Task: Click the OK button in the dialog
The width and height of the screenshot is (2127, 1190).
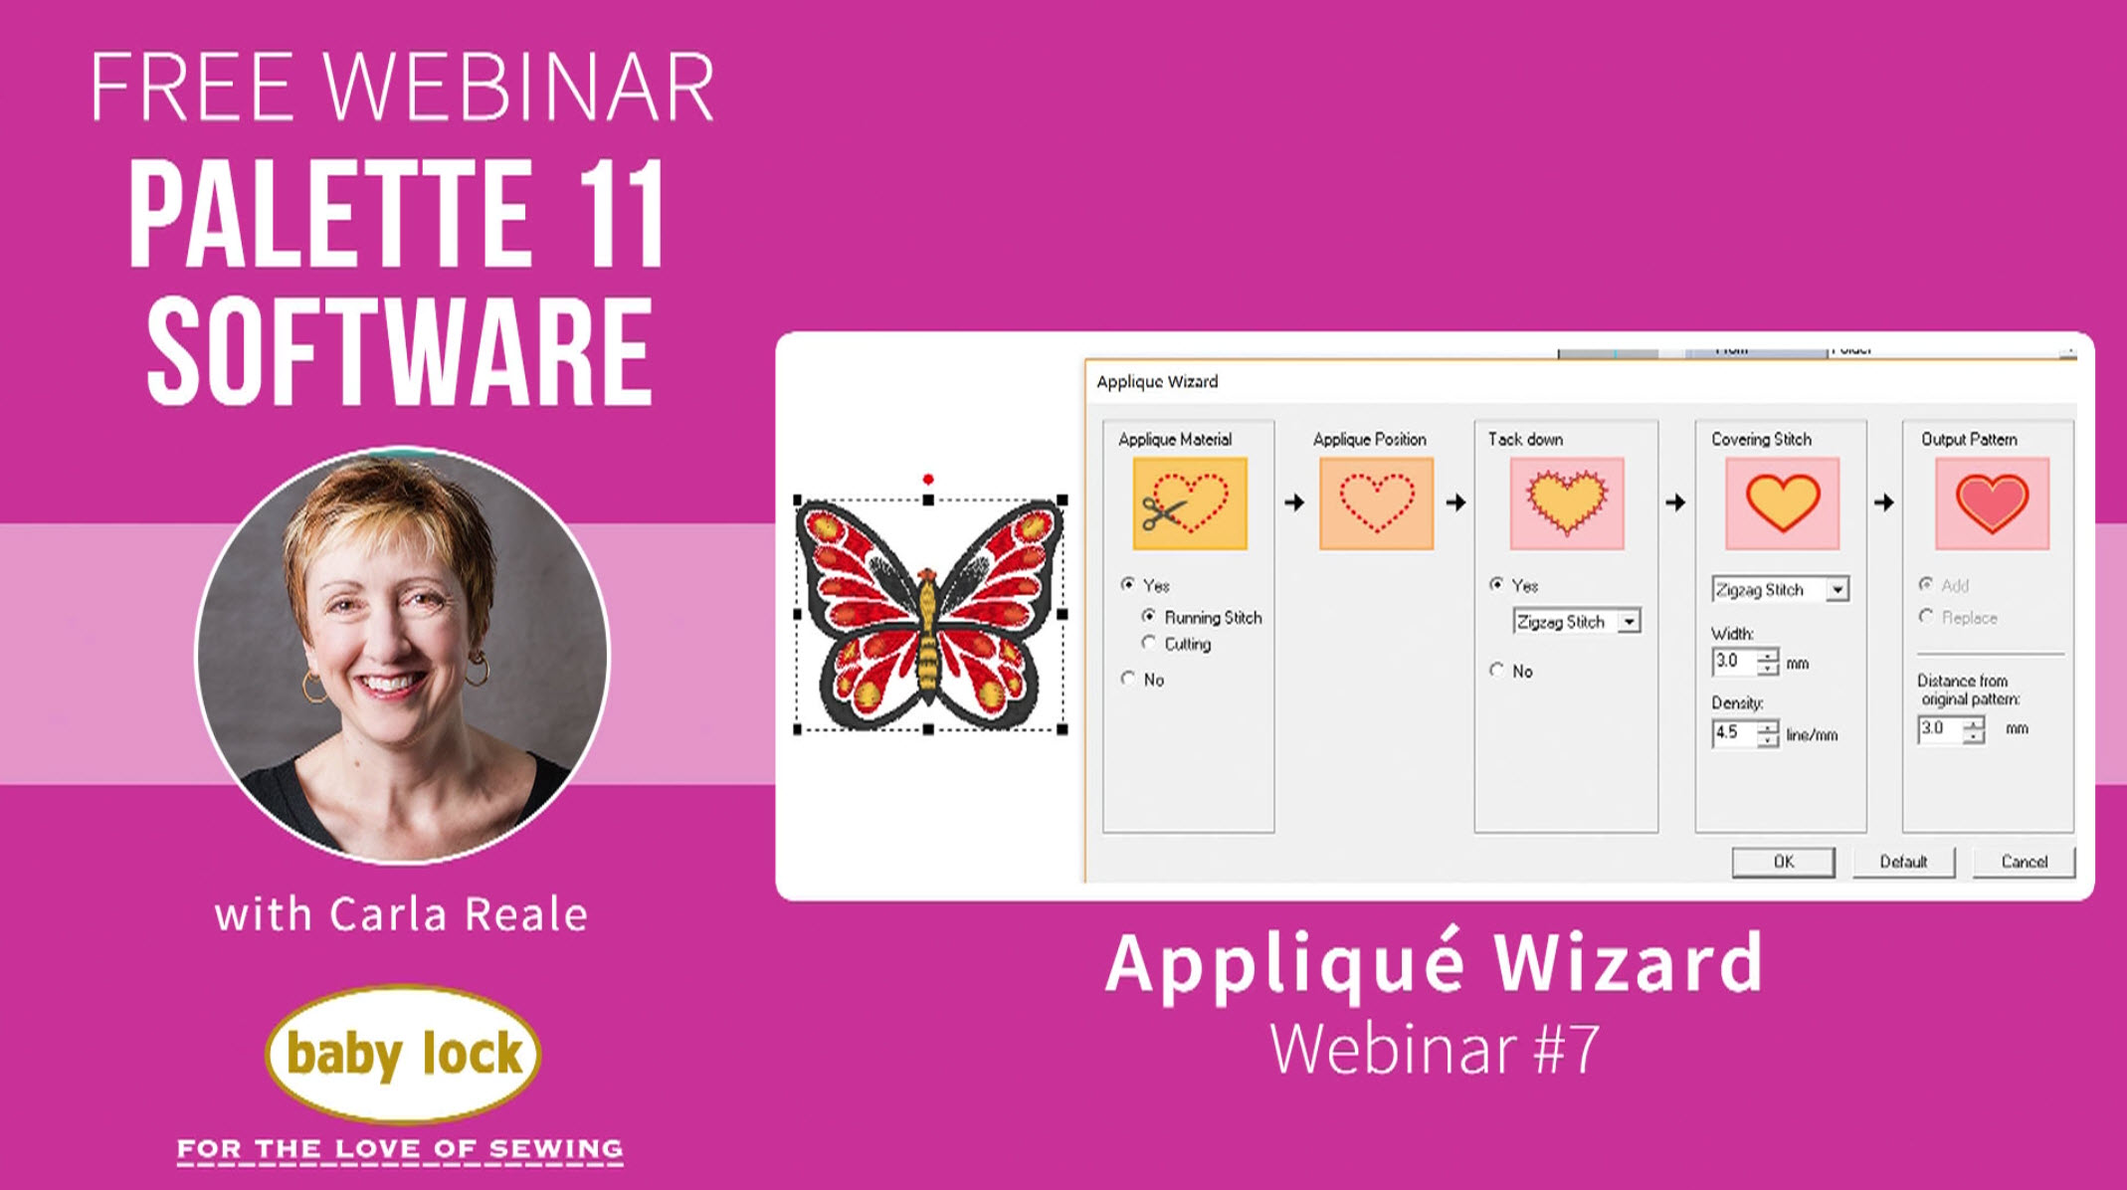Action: pos(1783,862)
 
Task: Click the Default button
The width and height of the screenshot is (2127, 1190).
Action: pos(1903,862)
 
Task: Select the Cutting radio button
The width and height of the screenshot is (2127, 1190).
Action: pos(1150,644)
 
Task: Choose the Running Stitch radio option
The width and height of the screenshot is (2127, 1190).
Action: pos(1150,617)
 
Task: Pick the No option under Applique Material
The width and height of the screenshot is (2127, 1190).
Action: pos(1128,679)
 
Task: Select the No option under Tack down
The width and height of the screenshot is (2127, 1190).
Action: pos(1497,671)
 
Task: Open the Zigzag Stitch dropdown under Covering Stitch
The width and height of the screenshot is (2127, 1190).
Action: pos(1837,589)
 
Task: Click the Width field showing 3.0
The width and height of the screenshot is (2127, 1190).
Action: pos(1733,662)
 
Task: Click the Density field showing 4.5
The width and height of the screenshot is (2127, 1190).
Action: pos(1733,733)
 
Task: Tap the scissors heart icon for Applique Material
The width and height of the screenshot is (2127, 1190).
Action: pos(1189,503)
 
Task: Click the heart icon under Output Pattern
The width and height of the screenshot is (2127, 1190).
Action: pos(1992,503)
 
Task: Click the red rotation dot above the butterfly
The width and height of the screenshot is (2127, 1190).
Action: pos(928,480)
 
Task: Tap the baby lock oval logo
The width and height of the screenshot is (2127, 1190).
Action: pos(403,1054)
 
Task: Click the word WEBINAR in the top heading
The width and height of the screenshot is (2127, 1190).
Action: pos(518,88)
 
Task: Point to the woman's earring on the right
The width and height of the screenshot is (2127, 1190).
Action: pos(478,669)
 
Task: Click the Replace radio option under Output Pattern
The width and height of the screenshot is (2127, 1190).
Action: pos(1927,617)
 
